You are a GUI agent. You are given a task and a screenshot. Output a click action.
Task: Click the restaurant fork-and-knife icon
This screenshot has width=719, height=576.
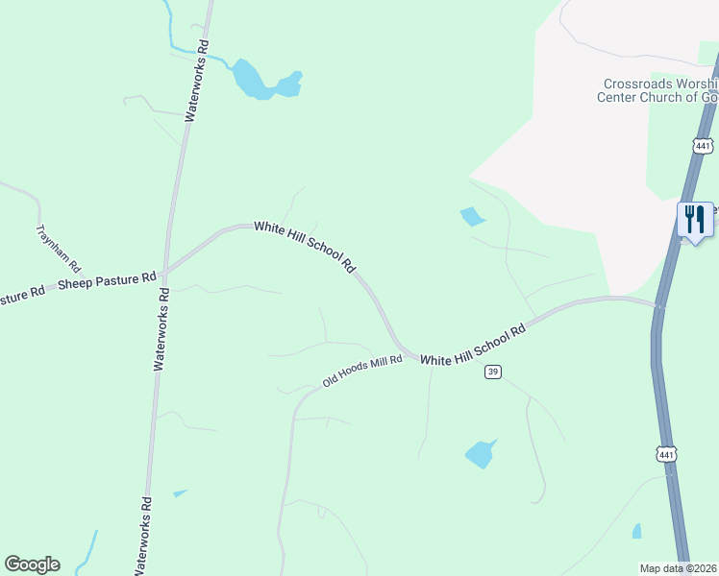tap(695, 219)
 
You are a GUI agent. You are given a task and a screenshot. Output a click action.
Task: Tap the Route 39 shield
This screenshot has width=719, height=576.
tap(492, 372)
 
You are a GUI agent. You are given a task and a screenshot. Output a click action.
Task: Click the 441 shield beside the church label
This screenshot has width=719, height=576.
tap(703, 146)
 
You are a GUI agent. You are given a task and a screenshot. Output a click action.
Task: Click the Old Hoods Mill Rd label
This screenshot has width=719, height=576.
tap(361, 371)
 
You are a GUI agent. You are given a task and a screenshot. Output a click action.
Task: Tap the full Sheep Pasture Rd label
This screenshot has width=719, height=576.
tap(107, 281)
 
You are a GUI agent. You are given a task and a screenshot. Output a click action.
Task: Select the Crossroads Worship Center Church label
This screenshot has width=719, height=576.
tap(658, 90)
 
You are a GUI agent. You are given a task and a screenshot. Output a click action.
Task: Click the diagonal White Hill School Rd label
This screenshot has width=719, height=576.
tap(306, 247)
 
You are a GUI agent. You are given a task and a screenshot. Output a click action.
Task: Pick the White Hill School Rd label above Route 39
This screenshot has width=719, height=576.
tap(473, 346)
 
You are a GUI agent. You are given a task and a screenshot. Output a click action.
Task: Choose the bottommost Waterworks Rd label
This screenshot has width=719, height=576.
tap(141, 538)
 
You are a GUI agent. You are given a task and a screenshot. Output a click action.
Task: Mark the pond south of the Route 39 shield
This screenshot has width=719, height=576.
tap(481, 453)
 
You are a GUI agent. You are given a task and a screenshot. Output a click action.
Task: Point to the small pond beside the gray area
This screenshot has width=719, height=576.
tap(472, 217)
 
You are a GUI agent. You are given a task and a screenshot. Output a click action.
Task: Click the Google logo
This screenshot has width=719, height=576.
tap(32, 564)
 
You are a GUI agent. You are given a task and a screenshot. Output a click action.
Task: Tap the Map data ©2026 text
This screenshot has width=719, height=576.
tap(678, 568)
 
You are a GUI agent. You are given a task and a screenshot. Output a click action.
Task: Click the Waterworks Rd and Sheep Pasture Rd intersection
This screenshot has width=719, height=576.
tap(165, 270)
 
